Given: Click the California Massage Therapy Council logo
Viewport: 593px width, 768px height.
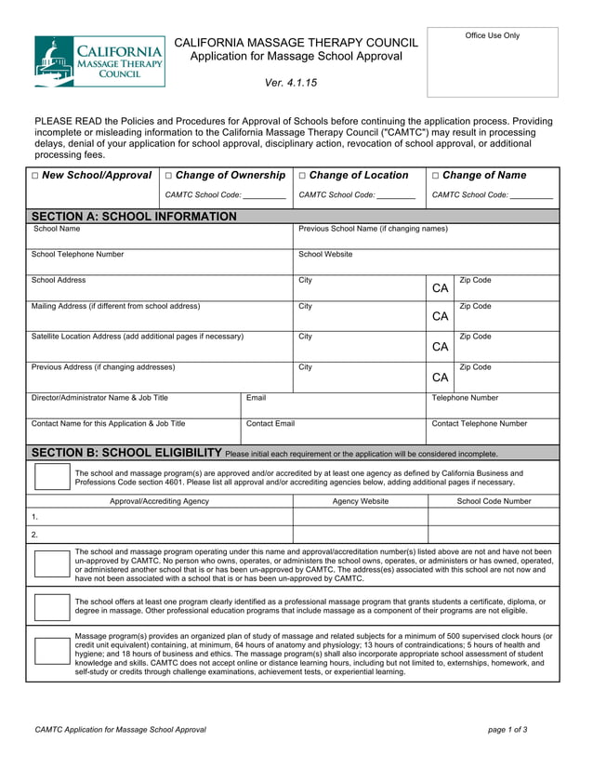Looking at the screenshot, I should [x=99, y=61].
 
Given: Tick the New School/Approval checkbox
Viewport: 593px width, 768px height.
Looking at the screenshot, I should [x=35, y=176].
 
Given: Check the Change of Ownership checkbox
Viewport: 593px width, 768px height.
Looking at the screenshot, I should [x=169, y=176].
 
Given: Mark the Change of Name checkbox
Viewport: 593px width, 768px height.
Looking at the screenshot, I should [x=437, y=176].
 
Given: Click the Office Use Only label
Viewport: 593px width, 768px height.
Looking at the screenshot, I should [x=493, y=36].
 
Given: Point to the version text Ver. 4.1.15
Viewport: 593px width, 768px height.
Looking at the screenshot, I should [x=291, y=83].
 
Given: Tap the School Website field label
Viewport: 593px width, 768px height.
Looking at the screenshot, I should [x=325, y=254].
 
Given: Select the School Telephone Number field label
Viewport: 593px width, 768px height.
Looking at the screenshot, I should [x=77, y=254].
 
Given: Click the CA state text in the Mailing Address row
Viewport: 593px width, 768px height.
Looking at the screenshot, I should [x=441, y=317].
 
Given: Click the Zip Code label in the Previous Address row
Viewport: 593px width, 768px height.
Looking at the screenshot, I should [x=475, y=367].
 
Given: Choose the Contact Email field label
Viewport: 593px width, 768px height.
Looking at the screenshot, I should [x=270, y=423].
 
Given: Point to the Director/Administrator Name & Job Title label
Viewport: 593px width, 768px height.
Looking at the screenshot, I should [x=100, y=397].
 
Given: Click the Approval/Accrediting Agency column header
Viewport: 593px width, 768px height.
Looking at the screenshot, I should [x=160, y=501].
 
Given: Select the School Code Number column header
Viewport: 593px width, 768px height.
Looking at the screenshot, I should [x=494, y=501].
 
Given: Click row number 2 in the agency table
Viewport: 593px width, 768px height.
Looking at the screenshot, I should [x=34, y=535].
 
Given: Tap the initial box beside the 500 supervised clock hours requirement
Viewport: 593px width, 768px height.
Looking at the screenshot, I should [x=49, y=651].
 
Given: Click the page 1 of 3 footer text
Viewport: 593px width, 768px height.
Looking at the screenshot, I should [x=507, y=730].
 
